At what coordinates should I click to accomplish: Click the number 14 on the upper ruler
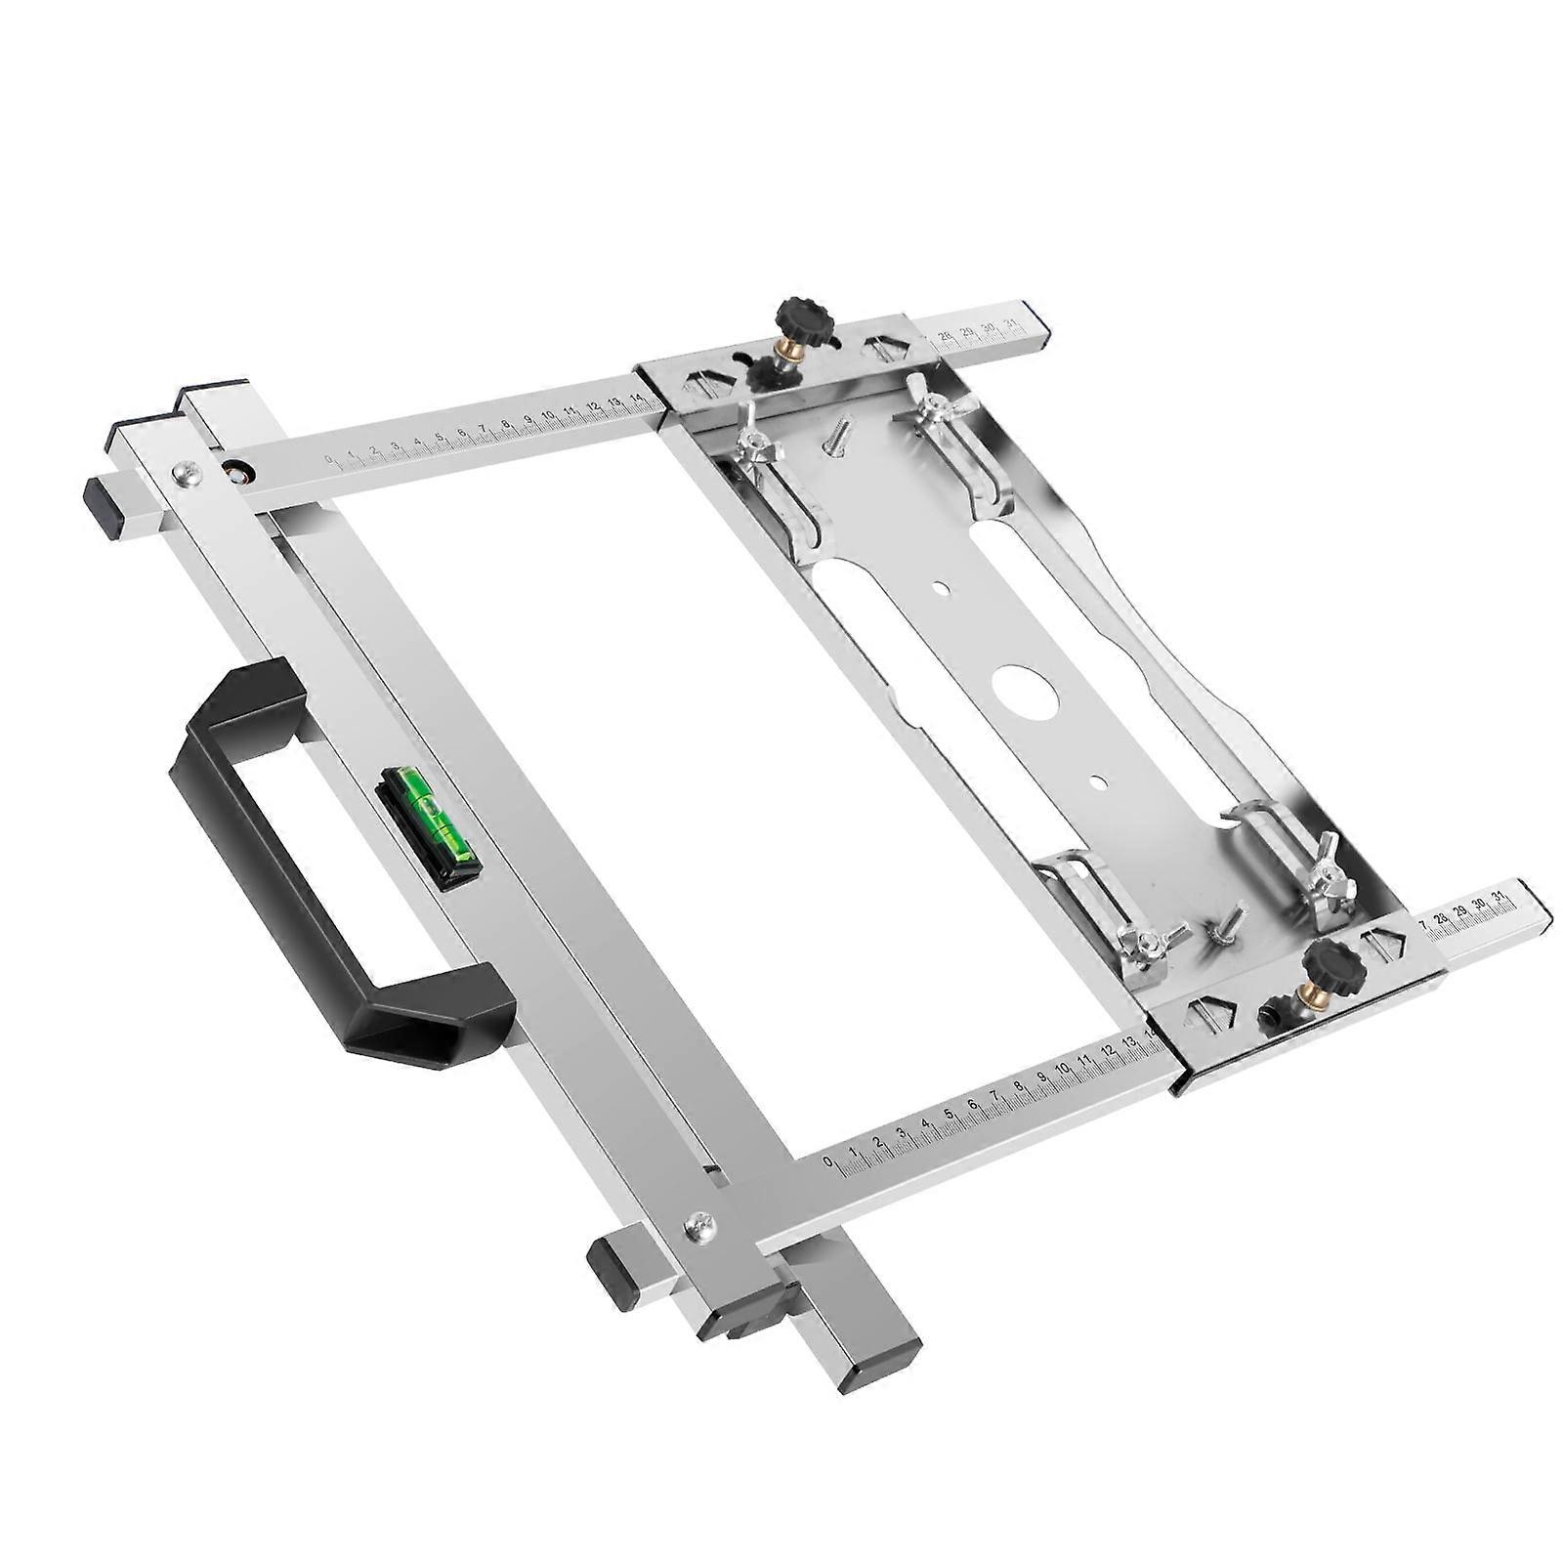(x=636, y=399)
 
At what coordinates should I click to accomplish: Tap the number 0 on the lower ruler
(x=828, y=1162)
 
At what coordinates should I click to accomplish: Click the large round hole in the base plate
(x=1027, y=693)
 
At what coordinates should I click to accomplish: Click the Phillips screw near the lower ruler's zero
(x=699, y=1222)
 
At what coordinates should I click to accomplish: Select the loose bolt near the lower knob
(x=1226, y=923)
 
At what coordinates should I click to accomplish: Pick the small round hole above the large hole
(x=940, y=588)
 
